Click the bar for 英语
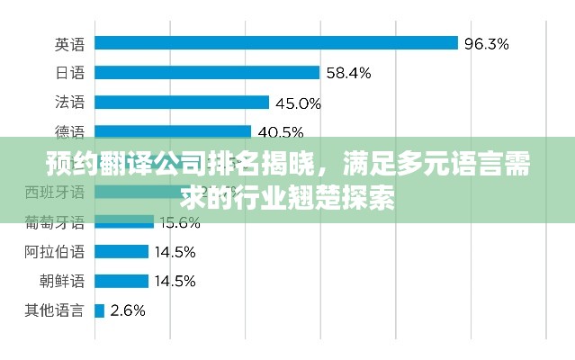tap(275, 42)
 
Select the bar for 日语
tap(206, 72)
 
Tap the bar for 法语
tap(181, 102)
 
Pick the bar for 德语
tap(172, 131)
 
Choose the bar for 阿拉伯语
tap(121, 251)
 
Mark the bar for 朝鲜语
tap(121, 281)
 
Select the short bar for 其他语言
tap(99, 310)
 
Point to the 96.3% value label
tap(487, 43)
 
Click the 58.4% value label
tap(348, 73)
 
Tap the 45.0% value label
tap(298, 103)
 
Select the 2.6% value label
tap(127, 311)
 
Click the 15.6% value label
tap(179, 222)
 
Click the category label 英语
tap(68, 43)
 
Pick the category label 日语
tap(68, 73)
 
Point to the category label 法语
tap(68, 103)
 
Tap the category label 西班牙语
tap(55, 192)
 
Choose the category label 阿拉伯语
tap(55, 252)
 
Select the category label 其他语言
tap(55, 311)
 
